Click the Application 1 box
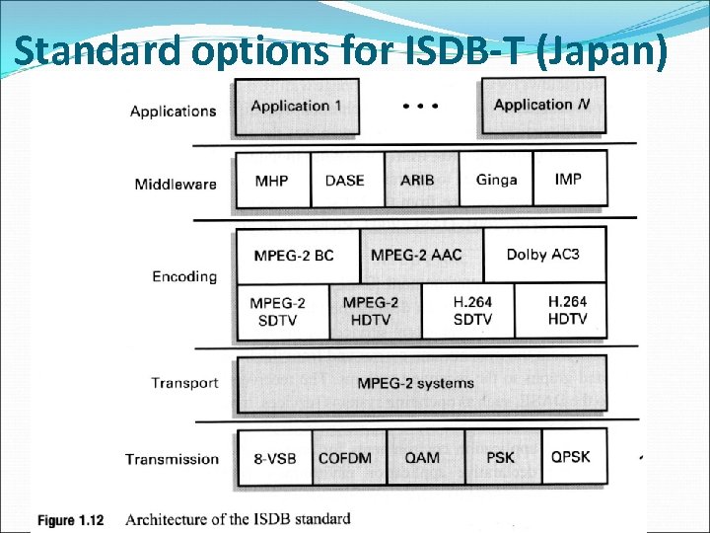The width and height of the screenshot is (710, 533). point(296,107)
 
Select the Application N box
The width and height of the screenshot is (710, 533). point(543,106)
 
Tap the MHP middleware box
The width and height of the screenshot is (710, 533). point(272,180)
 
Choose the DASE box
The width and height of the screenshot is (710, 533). point(346,180)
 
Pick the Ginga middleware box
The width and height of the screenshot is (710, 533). point(496,180)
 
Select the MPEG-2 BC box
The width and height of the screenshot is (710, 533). point(296,255)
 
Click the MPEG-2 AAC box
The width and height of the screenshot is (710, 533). point(417,255)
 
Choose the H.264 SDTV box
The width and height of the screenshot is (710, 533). point(472,310)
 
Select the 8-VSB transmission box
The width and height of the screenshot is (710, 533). point(275,458)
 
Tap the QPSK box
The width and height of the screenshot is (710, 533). point(571,457)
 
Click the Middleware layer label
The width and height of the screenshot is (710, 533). point(176,184)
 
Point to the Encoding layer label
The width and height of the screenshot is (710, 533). point(184,276)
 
